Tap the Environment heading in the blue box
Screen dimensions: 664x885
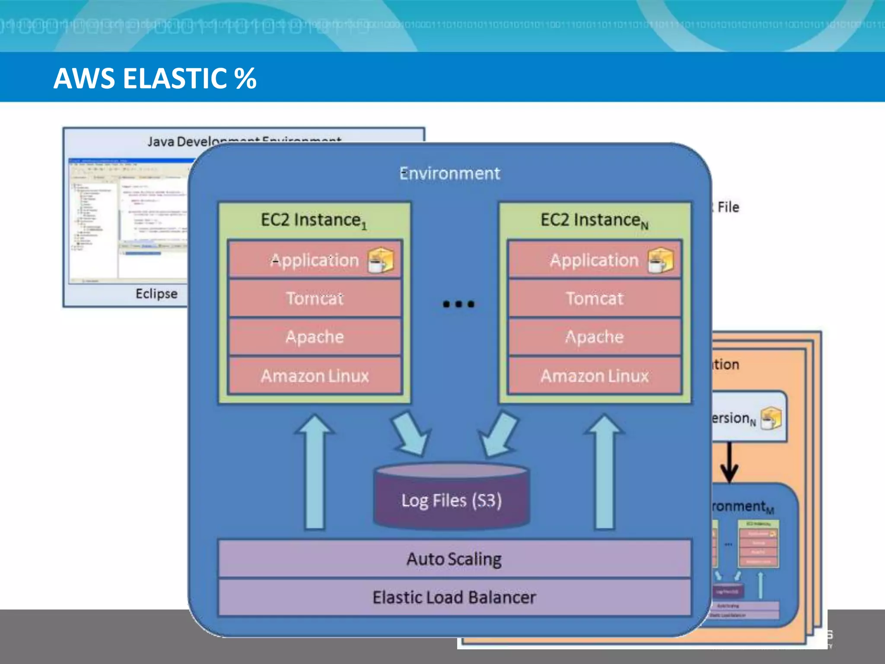[x=449, y=173]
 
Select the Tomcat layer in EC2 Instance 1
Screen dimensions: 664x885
[x=315, y=298]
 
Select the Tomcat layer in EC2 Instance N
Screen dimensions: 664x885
[x=595, y=298]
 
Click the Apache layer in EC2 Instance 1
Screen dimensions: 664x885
[x=315, y=337]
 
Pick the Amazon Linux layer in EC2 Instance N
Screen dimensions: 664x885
[x=595, y=376]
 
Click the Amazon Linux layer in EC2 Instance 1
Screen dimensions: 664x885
[x=315, y=376]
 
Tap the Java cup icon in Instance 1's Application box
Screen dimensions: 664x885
[x=380, y=260]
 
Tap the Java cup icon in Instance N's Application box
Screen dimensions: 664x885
[x=660, y=260]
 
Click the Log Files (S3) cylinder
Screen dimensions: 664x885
[x=452, y=499]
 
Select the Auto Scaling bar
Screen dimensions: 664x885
[x=454, y=559]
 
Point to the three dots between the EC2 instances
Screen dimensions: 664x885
[x=458, y=304]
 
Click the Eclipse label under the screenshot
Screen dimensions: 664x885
[x=156, y=294]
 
